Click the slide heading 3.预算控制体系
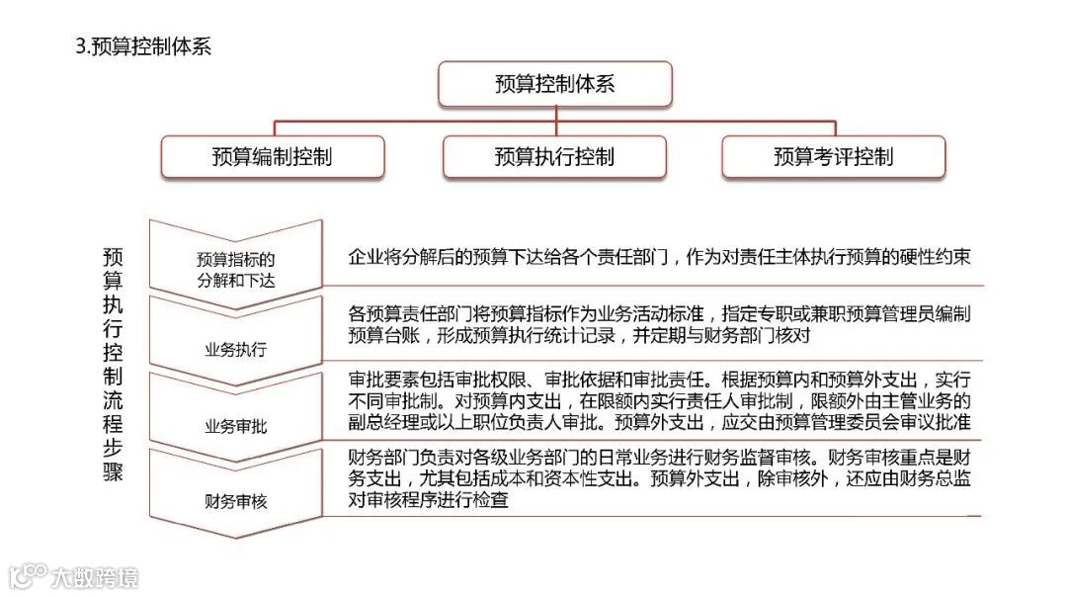pos(144,46)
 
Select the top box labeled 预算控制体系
pos(554,84)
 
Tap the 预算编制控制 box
pos(272,157)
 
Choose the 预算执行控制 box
pos(554,157)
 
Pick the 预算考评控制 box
pos(833,157)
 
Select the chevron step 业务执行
pos(235,349)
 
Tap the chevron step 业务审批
pos(235,426)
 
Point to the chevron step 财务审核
pos(235,501)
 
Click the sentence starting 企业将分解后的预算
pos(659,257)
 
